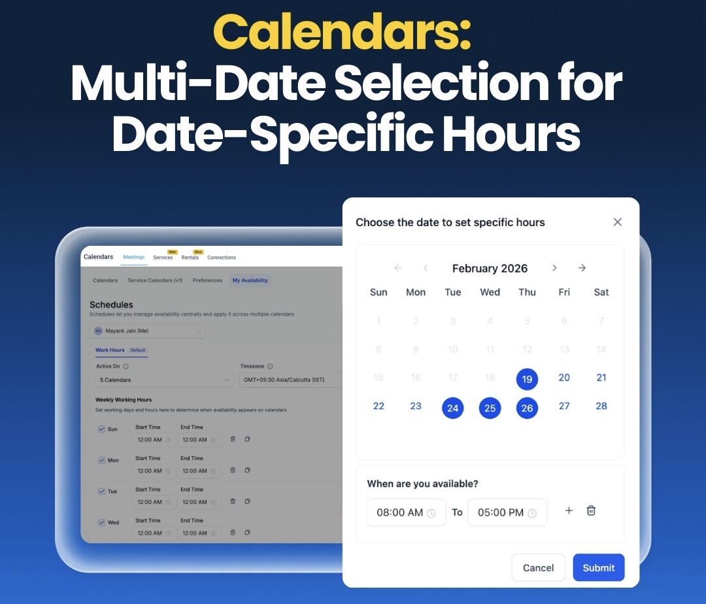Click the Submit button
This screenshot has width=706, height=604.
(x=598, y=567)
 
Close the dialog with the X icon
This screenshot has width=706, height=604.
(x=617, y=222)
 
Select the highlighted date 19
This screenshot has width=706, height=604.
(x=527, y=378)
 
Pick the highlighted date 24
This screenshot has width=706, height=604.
(x=452, y=409)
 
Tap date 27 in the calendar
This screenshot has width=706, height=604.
(x=564, y=406)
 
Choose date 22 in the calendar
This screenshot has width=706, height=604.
(x=378, y=406)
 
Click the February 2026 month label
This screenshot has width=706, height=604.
(x=490, y=268)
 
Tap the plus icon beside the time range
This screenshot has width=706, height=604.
(x=569, y=511)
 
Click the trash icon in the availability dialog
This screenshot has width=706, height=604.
(x=591, y=511)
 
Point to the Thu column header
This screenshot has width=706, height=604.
(x=527, y=292)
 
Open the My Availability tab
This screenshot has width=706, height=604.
(x=250, y=280)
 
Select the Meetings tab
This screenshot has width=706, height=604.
(x=134, y=257)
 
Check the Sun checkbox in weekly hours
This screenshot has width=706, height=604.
(x=101, y=429)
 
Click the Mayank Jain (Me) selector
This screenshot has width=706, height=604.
(x=148, y=331)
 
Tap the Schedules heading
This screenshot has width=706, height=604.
(x=111, y=305)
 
